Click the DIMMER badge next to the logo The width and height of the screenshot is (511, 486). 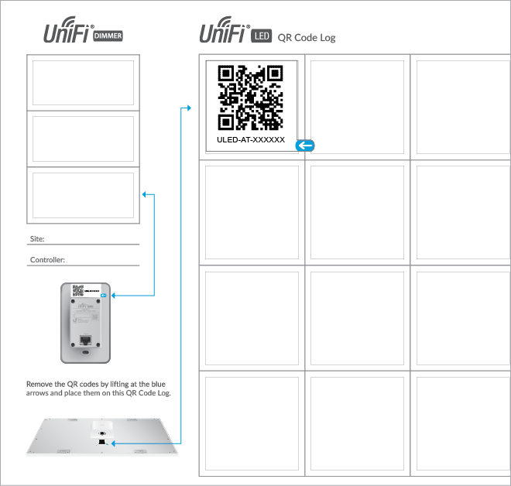(108, 36)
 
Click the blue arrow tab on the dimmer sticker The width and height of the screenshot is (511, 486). (135, 98)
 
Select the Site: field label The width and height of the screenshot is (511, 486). (37, 238)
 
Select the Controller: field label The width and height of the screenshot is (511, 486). (47, 260)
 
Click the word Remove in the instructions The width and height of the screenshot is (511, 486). (38, 383)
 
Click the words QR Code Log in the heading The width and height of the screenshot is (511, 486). (307, 37)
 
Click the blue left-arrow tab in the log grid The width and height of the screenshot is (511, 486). (306, 145)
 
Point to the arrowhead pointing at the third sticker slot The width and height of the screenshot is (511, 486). (145, 194)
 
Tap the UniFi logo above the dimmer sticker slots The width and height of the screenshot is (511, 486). (65, 33)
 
